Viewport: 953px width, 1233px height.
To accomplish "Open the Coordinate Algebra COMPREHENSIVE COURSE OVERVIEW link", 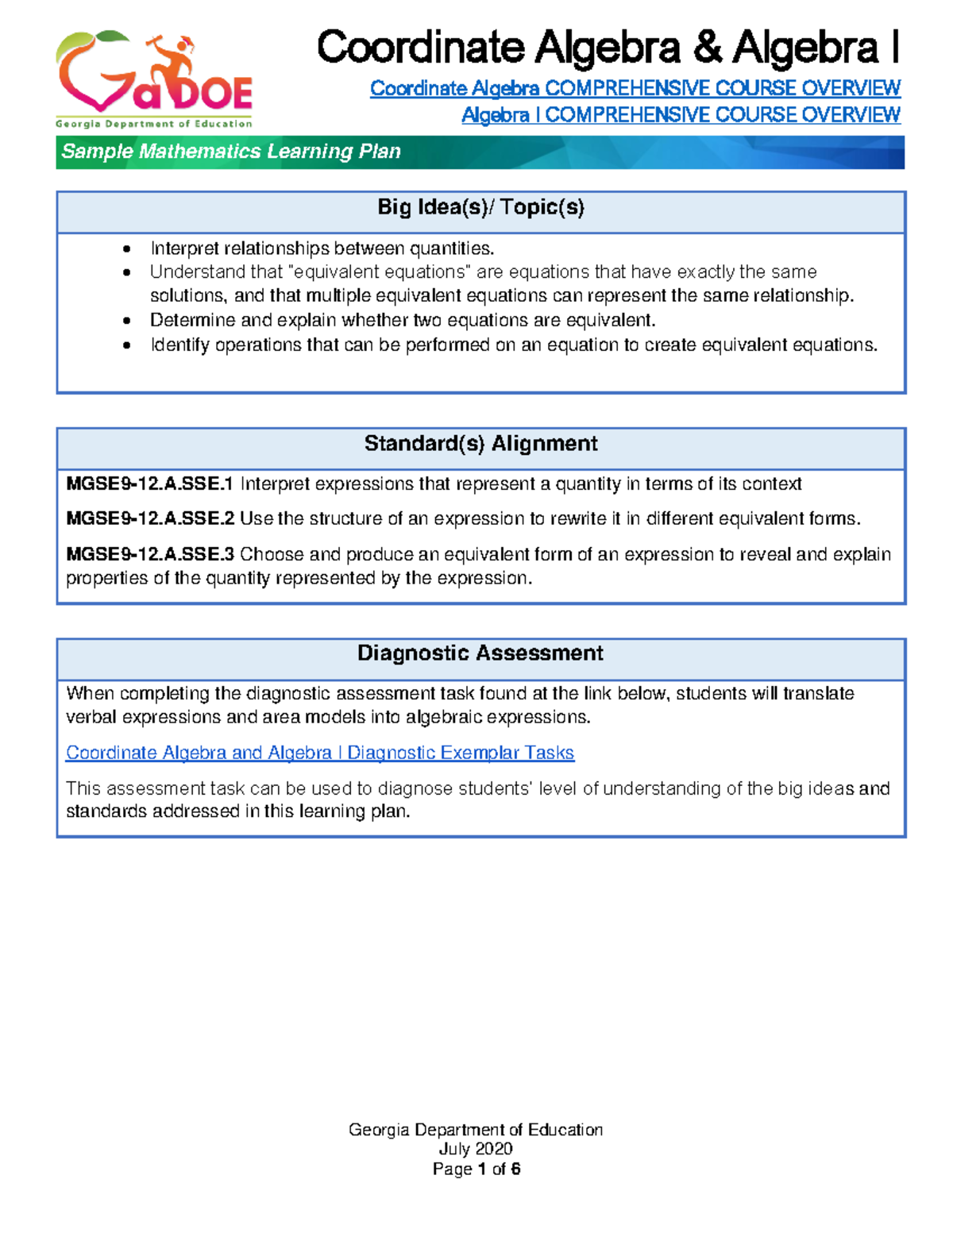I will point(635,88).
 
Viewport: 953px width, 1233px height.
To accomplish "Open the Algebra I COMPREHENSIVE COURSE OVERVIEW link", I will point(681,115).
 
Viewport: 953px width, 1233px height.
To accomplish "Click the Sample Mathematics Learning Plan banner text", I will point(231,152).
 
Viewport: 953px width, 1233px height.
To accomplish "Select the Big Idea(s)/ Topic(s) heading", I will point(480,208).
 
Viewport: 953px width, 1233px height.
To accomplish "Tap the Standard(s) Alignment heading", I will point(480,444).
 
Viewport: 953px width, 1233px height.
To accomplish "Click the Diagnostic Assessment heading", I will point(480,653).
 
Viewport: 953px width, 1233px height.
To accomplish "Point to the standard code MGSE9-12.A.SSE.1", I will point(149,484).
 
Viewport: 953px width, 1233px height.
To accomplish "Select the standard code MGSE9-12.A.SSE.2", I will point(149,519).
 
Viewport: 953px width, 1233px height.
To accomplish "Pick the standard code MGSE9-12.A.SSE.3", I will point(149,554).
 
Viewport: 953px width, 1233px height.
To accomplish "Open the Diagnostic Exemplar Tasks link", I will point(319,753).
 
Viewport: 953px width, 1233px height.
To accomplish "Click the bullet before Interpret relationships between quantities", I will point(127,249).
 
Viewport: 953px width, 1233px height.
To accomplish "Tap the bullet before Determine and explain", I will point(127,321).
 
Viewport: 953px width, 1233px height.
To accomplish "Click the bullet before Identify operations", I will point(127,345).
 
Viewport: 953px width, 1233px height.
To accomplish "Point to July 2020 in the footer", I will point(476,1149).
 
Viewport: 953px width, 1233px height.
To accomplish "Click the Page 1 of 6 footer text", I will point(476,1169).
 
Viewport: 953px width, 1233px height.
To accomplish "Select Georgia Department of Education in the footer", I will point(476,1130).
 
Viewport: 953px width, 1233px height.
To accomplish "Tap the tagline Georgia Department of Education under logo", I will point(154,124).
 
